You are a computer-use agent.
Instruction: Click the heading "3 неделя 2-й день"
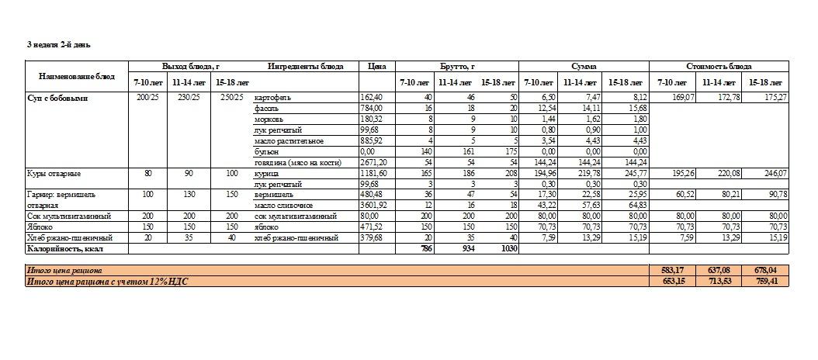[60, 45]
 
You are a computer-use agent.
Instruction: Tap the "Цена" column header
[378, 67]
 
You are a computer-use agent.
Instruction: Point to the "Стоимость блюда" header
[719, 67]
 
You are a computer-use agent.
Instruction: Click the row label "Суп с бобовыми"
[57, 99]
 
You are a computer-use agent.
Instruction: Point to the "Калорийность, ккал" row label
[65, 249]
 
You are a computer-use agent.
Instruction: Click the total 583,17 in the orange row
[675, 270]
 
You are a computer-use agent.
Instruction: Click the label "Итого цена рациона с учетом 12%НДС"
[107, 281]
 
